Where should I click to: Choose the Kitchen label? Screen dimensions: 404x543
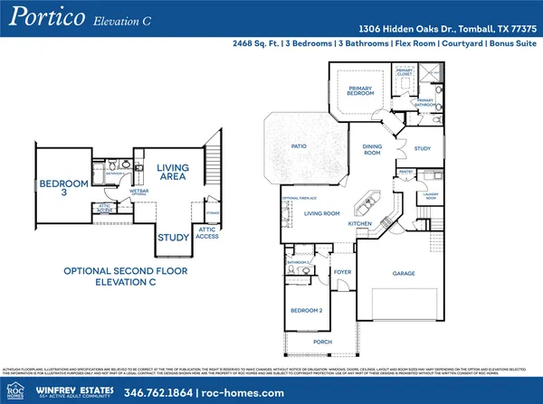click(362, 222)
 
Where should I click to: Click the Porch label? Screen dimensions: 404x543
click(317, 343)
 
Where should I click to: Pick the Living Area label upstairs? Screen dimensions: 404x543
click(172, 174)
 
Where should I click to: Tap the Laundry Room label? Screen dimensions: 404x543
click(430, 196)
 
